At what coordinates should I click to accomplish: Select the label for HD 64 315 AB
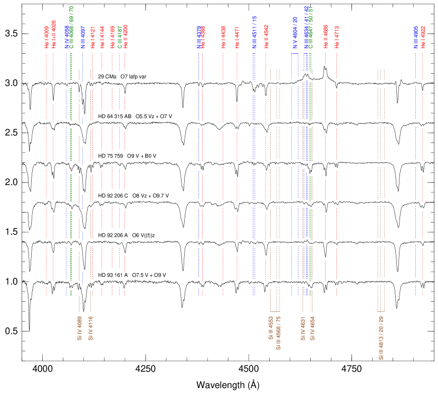pos(139,116)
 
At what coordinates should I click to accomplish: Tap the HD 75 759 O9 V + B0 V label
pos(131,156)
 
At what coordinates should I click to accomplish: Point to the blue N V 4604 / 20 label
pos(295,33)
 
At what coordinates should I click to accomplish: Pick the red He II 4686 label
pos(325,37)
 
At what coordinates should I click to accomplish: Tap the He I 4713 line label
pos(337,37)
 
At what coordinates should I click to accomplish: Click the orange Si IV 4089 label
pos(79,329)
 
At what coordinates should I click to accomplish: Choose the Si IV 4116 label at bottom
pos(90,329)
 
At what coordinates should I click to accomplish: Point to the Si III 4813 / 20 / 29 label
pos(381,338)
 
